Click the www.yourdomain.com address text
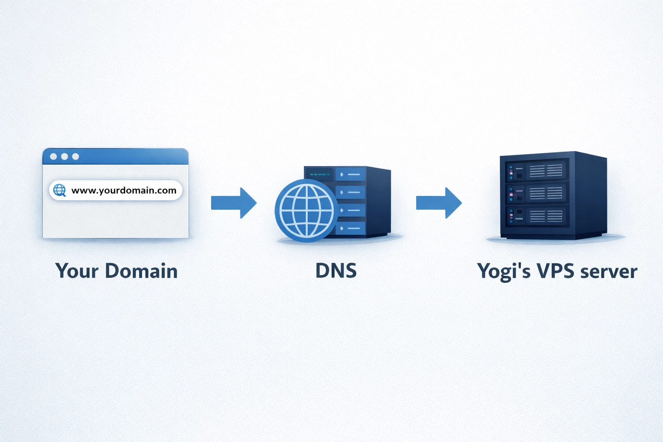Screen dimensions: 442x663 (x=124, y=190)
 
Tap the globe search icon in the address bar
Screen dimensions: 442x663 (x=60, y=190)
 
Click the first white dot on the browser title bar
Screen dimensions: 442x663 (x=54, y=156)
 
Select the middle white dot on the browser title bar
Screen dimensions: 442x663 (x=64, y=156)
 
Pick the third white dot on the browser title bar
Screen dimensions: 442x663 (x=76, y=156)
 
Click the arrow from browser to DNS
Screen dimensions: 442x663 (x=234, y=202)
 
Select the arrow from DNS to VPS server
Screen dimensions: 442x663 (x=439, y=202)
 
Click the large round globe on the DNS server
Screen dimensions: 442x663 (x=306, y=211)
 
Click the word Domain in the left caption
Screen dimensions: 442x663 (x=141, y=271)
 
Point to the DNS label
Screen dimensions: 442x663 (x=336, y=271)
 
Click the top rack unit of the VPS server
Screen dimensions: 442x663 (x=537, y=171)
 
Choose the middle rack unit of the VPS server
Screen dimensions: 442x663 (x=537, y=194)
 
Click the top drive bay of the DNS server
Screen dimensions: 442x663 (x=350, y=174)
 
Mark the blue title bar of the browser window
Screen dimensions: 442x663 (x=129, y=157)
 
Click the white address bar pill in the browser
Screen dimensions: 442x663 (x=116, y=190)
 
